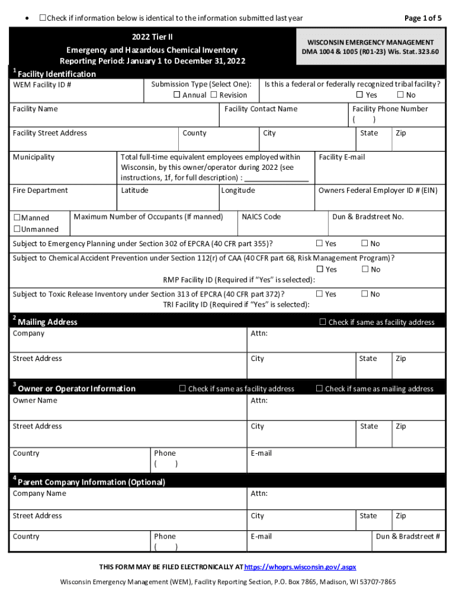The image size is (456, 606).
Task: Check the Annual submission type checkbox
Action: tap(176, 95)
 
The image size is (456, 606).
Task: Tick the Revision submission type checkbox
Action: tap(214, 95)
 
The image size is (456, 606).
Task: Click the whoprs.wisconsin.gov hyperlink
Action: tap(300, 566)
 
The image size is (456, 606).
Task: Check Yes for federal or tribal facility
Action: tap(359, 95)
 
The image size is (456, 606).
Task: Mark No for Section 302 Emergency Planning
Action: tap(365, 243)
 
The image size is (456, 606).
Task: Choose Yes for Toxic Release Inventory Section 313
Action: tap(320, 294)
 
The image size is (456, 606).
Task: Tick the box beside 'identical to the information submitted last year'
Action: tap(43, 18)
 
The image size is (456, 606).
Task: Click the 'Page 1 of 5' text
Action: tap(423, 18)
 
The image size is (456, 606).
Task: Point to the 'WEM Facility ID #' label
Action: tap(42, 85)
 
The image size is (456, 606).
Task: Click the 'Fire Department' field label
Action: tap(40, 191)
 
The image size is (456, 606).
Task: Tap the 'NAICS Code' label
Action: tap(261, 217)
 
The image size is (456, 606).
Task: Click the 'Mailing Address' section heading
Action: tap(47, 322)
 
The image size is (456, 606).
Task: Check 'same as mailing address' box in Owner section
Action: tap(320, 389)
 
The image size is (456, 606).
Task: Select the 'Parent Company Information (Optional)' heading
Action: tap(91, 482)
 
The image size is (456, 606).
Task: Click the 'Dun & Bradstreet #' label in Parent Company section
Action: tap(408, 537)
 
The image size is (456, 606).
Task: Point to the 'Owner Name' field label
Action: tap(35, 401)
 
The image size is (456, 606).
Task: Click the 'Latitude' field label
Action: tap(134, 191)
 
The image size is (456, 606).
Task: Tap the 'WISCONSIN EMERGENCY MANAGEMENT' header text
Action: tap(371, 43)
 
